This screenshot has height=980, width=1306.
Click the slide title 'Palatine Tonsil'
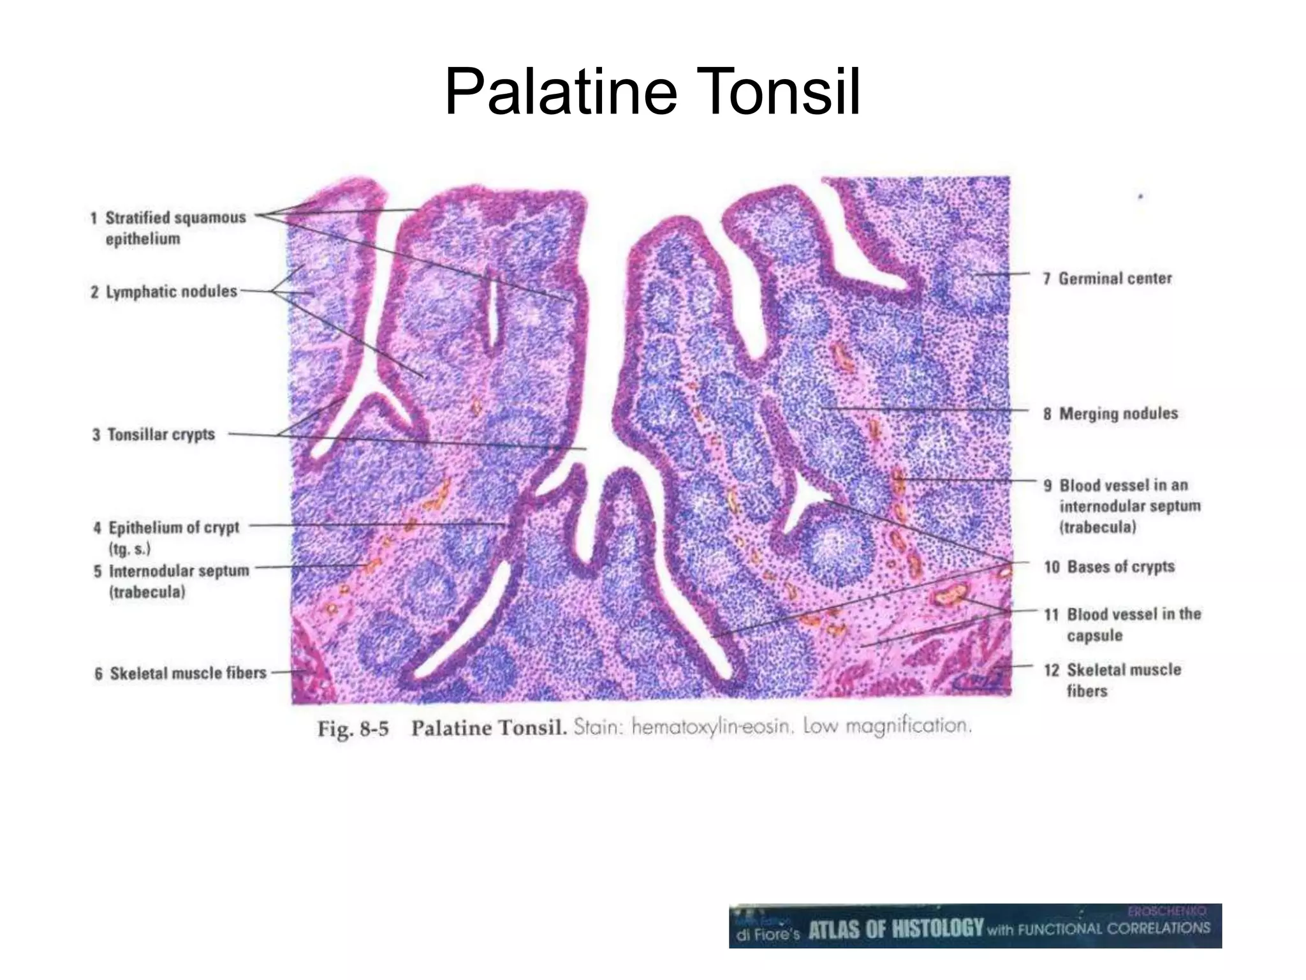point(652,93)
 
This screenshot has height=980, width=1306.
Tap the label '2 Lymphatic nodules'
point(165,292)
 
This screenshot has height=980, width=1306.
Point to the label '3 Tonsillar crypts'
point(154,434)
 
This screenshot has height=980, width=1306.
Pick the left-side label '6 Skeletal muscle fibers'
point(181,673)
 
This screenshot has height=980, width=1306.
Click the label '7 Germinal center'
point(1108,278)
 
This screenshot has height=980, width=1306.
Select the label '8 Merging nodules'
point(1111,413)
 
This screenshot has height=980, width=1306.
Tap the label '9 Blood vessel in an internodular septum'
point(1122,505)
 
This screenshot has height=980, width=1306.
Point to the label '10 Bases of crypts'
point(1110,567)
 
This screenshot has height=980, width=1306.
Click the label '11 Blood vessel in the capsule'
point(1122,624)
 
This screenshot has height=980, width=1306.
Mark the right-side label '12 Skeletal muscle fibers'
point(1113,679)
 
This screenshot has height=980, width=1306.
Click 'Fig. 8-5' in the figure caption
point(353,729)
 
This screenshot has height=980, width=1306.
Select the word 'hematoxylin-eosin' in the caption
point(710,727)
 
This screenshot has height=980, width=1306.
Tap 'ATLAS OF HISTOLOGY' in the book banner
point(896,929)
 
